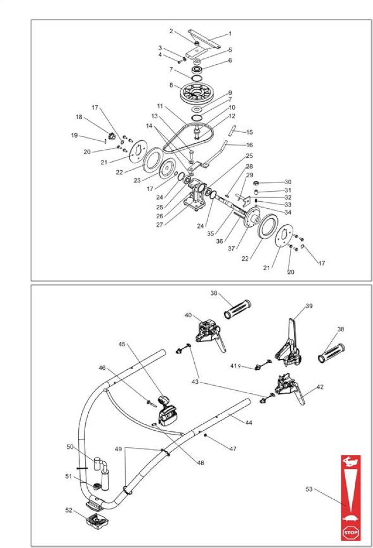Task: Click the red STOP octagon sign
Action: (x=351, y=532)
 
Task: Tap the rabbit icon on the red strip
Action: (x=350, y=462)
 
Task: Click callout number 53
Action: (x=309, y=489)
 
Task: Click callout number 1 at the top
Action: (x=230, y=34)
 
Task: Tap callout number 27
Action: (x=159, y=225)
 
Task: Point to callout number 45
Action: (x=121, y=344)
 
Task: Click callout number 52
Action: (x=69, y=510)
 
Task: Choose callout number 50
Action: (x=70, y=447)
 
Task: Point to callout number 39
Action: (x=309, y=306)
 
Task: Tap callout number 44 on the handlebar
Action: (x=248, y=423)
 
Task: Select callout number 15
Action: (x=249, y=132)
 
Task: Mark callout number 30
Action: (x=288, y=182)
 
